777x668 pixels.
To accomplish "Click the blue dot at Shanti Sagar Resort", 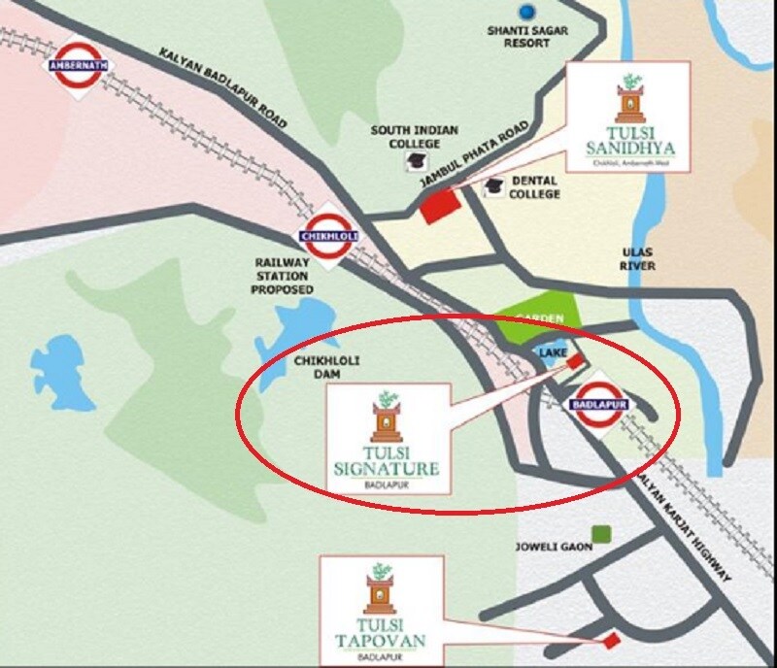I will (x=528, y=13).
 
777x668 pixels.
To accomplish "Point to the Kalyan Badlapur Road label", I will (x=223, y=88).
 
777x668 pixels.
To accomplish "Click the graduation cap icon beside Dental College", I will (x=494, y=185).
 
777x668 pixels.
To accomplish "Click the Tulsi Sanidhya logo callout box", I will (x=628, y=118).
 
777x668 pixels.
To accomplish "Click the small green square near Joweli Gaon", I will (x=602, y=533).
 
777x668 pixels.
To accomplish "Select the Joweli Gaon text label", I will (x=554, y=548).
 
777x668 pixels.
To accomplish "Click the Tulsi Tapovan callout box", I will (x=381, y=610).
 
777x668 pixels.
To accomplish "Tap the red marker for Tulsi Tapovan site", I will (x=611, y=640).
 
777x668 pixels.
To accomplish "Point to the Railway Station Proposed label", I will (x=284, y=276).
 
